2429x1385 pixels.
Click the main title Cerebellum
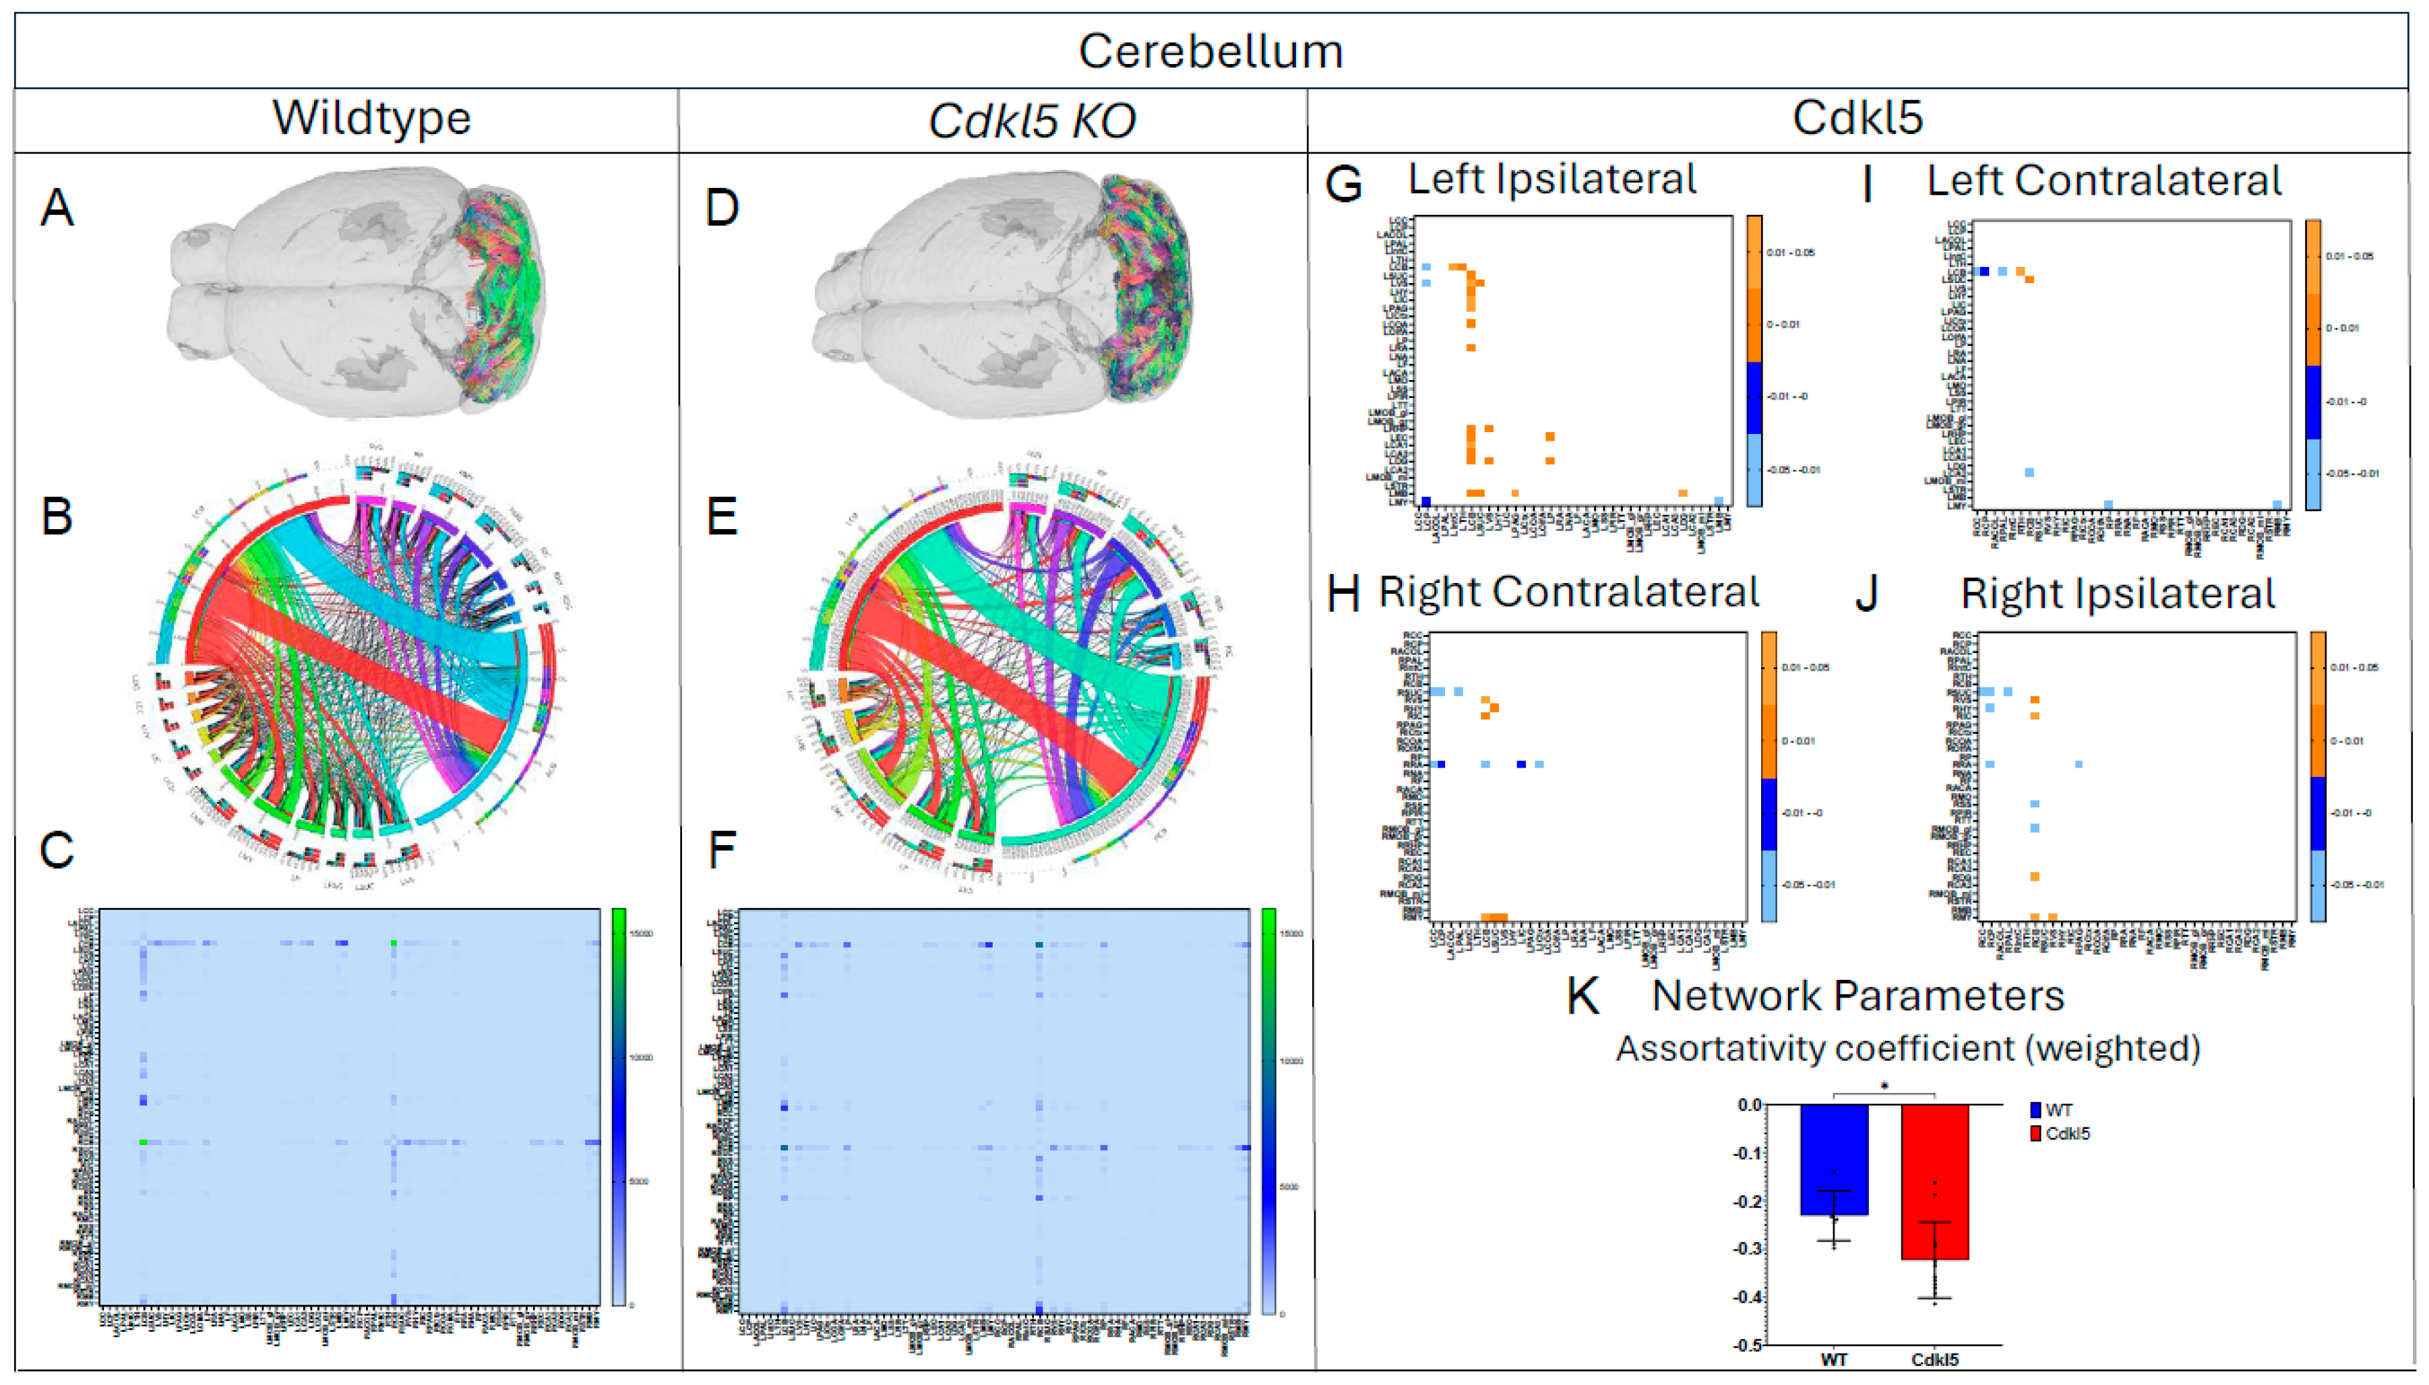point(1210,51)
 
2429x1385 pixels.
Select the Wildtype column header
point(371,119)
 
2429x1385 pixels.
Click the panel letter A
point(57,208)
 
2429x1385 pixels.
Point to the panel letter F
point(722,849)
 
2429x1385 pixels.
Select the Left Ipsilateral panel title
point(1552,179)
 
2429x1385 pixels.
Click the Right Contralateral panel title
point(1569,592)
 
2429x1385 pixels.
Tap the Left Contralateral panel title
point(2103,181)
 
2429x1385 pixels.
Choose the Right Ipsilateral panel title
point(2118,594)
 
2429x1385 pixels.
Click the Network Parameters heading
point(1858,996)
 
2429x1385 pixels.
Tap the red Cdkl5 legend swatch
point(2036,1133)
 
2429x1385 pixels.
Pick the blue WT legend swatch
point(2036,1110)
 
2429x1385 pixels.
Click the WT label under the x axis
point(1834,1360)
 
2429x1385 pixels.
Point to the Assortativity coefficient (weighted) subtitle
point(1908,1048)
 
